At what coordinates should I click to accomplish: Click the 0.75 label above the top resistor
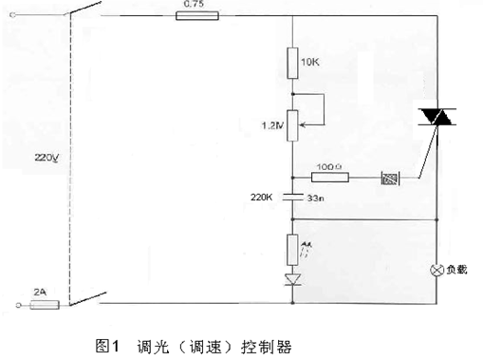pyautogui.click(x=192, y=5)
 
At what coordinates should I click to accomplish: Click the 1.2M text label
pyautogui.click(x=272, y=124)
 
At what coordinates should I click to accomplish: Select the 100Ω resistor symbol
pyautogui.click(x=331, y=177)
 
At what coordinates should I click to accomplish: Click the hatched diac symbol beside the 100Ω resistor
pyautogui.click(x=388, y=177)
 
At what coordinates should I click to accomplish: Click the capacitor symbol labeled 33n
pyautogui.click(x=292, y=199)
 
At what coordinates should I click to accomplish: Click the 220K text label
pyautogui.click(x=262, y=198)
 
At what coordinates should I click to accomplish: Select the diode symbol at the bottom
pyautogui.click(x=292, y=279)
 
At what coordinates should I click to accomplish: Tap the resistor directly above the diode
pyautogui.click(x=292, y=250)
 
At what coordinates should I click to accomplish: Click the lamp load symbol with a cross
pyautogui.click(x=438, y=270)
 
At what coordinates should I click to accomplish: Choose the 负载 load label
pyautogui.click(x=457, y=270)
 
